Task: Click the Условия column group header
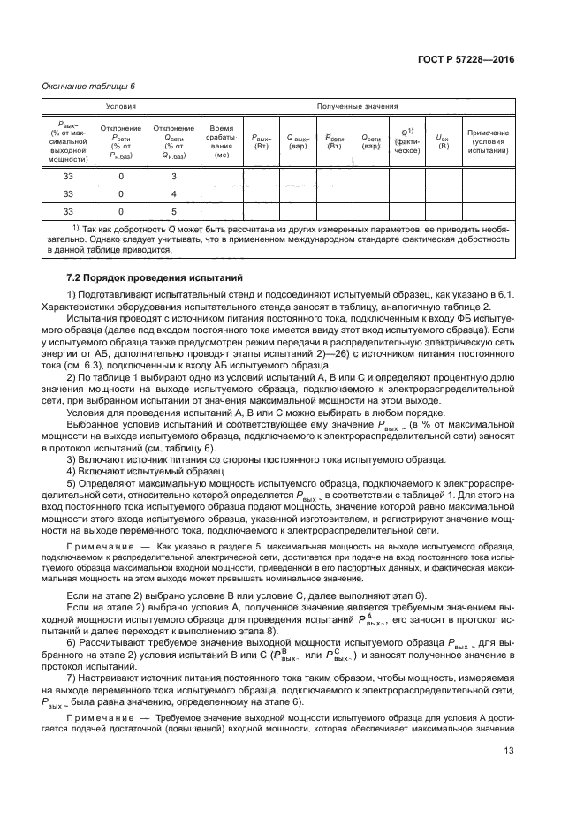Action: pos(121,106)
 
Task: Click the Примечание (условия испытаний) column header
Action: pos(489,141)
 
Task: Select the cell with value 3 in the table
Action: pos(174,177)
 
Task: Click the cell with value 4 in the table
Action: pos(174,193)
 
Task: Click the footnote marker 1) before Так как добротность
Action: pos(76,229)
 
